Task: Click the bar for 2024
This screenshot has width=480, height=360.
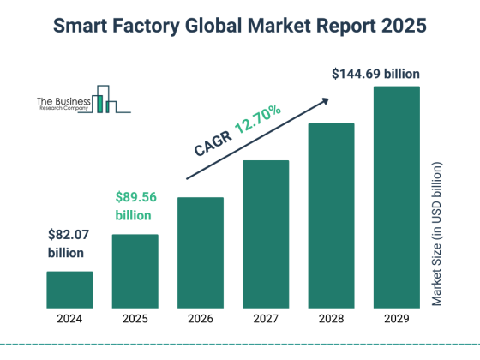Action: coord(69,290)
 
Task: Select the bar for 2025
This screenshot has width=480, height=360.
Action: coord(135,271)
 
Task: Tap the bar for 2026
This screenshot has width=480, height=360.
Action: coord(201,253)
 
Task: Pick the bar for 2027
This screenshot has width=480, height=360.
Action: coord(266,234)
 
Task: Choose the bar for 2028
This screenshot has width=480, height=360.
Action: coord(331,216)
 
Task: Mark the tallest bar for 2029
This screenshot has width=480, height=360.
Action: coord(396,197)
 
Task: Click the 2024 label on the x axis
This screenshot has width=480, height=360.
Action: coord(69,320)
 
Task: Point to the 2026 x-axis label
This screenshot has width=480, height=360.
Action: coord(201,320)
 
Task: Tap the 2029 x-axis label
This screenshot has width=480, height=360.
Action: coord(396,320)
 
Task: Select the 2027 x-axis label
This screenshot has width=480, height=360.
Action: coord(266,320)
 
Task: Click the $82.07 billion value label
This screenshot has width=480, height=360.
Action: coord(67,243)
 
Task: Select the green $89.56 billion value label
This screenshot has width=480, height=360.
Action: coord(136,205)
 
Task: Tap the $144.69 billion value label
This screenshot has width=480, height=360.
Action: coord(375,74)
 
